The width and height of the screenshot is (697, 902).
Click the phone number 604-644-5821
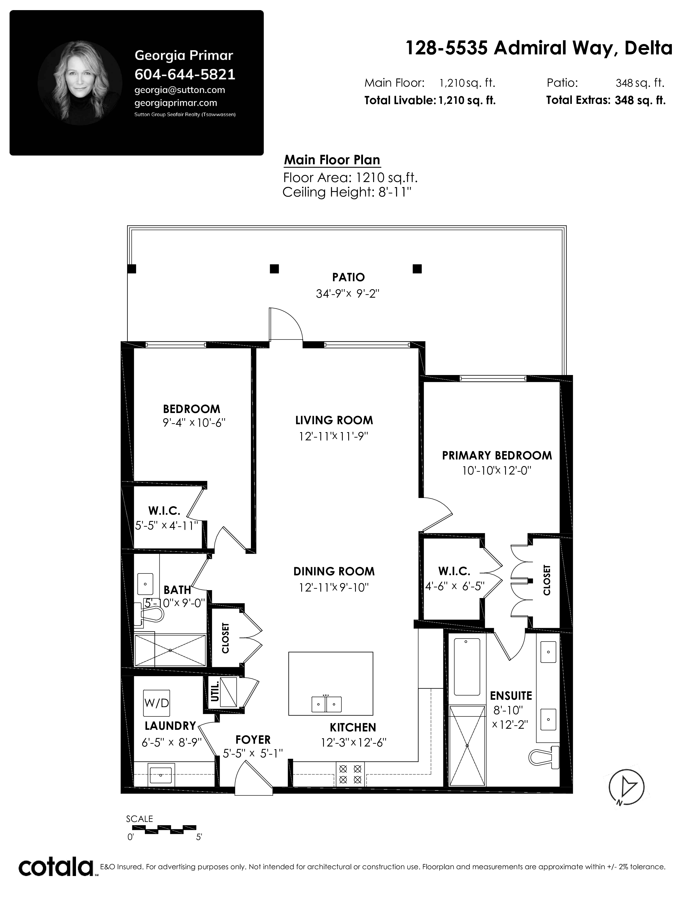[185, 74]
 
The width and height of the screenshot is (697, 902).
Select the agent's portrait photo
[80, 83]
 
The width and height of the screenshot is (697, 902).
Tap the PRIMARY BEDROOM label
[497, 456]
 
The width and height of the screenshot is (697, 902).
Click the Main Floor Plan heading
[332, 160]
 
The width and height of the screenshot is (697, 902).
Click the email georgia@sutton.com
[180, 90]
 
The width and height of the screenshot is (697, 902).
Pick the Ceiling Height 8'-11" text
[347, 192]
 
